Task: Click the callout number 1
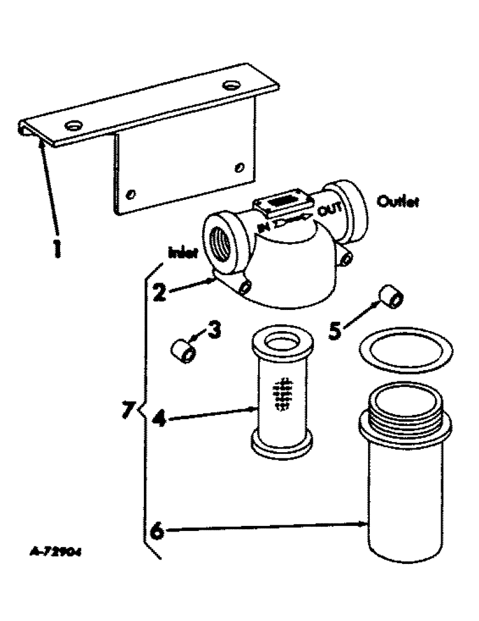(x=56, y=248)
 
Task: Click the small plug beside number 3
(x=184, y=353)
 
